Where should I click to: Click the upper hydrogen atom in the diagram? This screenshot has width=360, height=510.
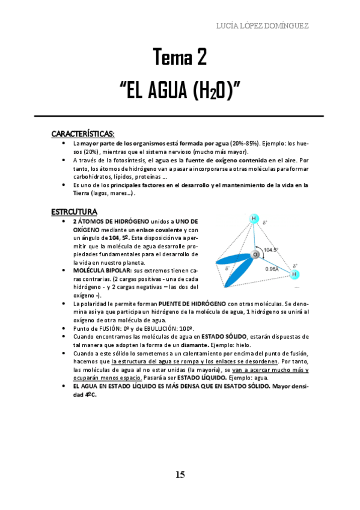click(x=254, y=218)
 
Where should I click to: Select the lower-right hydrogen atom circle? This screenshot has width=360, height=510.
click(x=294, y=275)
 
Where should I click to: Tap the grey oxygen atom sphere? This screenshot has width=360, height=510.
click(x=255, y=255)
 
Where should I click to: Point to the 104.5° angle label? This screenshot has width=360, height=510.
click(x=271, y=249)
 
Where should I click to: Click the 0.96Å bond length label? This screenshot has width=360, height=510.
click(x=272, y=269)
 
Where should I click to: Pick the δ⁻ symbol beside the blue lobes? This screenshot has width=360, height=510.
click(x=227, y=268)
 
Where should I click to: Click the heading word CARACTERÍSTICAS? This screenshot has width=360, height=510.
click(x=83, y=133)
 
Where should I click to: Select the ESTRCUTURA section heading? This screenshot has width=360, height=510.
click(x=75, y=211)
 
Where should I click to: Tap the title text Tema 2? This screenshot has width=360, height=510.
click(x=180, y=58)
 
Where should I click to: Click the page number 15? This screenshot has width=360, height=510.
click(x=180, y=475)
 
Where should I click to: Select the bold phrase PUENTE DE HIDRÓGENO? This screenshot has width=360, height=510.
click(x=194, y=304)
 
